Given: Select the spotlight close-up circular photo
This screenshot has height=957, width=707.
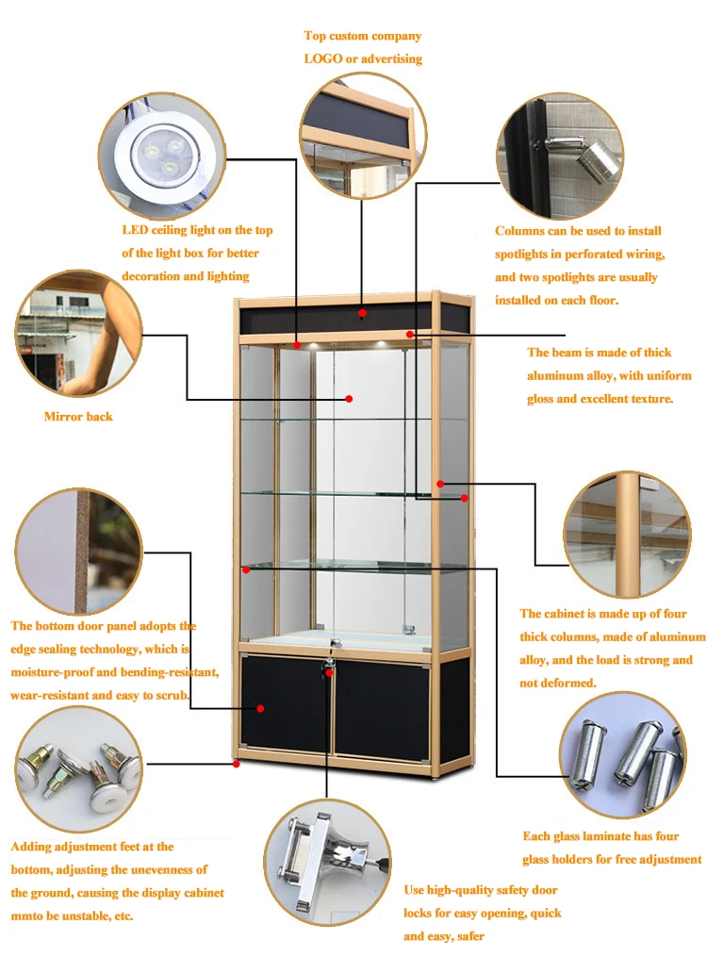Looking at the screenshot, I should point(558,156).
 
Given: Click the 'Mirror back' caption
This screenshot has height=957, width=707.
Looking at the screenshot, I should point(78,416).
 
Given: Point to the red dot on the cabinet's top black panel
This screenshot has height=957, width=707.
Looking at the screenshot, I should point(362,312).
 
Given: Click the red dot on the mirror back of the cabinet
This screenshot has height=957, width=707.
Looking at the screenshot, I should point(349,399).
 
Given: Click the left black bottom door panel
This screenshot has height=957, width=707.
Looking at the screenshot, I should point(285,707).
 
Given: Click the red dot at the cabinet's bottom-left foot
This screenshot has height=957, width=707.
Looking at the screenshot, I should point(236,764).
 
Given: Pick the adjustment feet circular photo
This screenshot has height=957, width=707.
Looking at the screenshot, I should point(78,768).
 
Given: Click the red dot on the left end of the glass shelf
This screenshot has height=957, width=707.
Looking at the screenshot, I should point(246,569).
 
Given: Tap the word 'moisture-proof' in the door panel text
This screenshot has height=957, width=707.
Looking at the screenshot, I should point(52,672).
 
